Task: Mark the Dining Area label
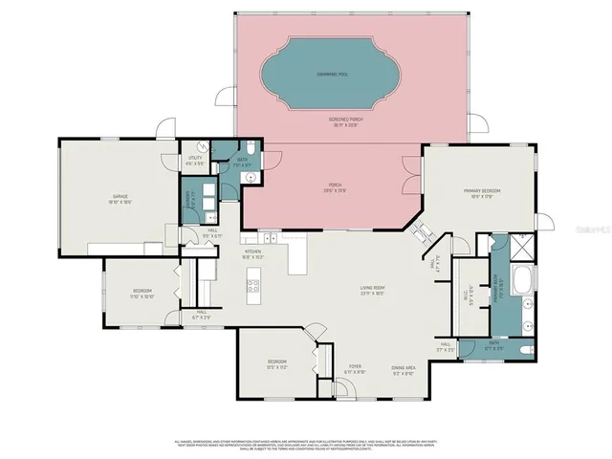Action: coord(402,370)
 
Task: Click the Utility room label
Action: coord(195,161)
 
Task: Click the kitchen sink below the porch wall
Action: coord(270,236)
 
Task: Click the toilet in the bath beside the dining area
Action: coord(520,349)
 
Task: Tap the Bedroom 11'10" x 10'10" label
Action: coord(142,294)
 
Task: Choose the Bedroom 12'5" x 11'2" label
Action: coord(277,363)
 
